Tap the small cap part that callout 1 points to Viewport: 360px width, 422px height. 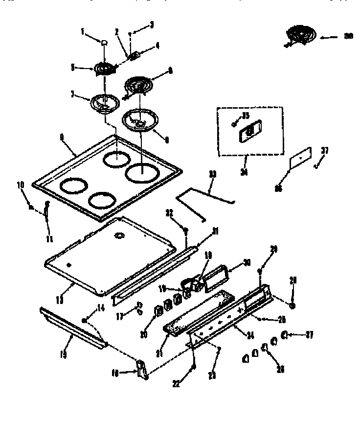click(x=104, y=44)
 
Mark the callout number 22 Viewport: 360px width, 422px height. click(x=176, y=384)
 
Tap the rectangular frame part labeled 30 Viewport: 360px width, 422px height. click(x=216, y=275)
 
